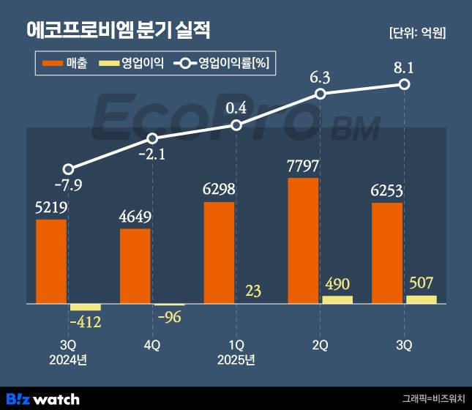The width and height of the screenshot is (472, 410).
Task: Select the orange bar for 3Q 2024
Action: click(51, 261)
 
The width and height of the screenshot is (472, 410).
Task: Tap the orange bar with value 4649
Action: click(135, 266)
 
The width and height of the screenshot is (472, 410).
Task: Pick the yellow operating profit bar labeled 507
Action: click(421, 299)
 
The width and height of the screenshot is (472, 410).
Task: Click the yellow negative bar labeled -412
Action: click(85, 307)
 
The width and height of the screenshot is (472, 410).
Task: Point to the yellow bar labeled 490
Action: click(337, 299)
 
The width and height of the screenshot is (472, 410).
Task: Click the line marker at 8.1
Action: click(404, 85)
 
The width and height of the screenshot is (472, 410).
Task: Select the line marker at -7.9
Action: click(68, 169)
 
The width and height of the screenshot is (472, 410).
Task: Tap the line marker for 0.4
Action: click(236, 125)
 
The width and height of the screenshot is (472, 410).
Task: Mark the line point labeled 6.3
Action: click(320, 94)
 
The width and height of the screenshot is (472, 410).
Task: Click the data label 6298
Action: click(220, 190)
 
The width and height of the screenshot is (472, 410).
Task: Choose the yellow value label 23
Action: click(253, 291)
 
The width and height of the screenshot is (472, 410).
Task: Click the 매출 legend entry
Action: click(65, 64)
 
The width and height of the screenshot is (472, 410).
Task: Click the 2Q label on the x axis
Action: click(320, 344)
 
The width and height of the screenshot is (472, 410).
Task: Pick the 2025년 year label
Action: click(236, 359)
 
